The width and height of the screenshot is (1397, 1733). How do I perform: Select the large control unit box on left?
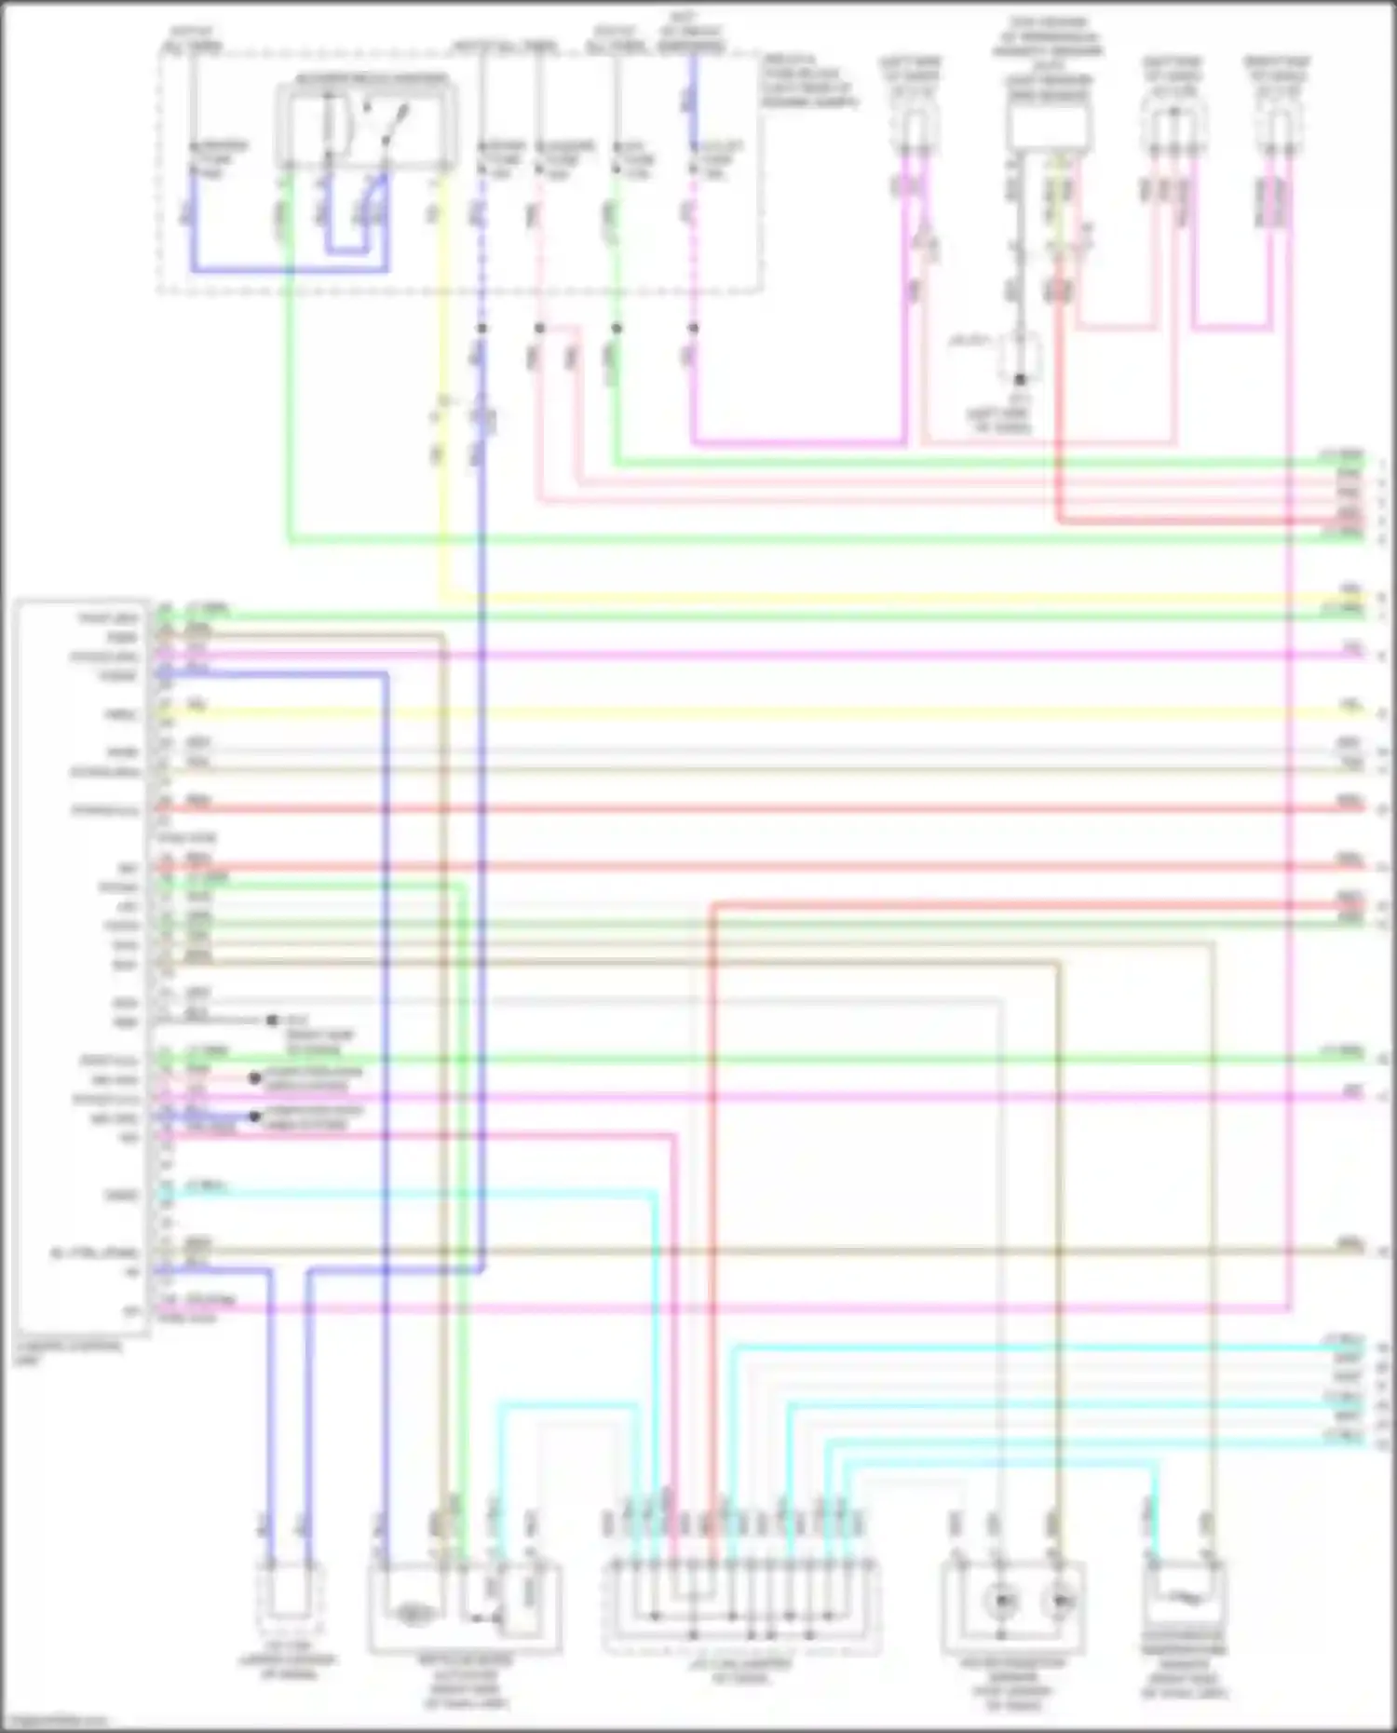coord(82,968)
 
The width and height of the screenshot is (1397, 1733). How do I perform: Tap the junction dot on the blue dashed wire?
coord(481,329)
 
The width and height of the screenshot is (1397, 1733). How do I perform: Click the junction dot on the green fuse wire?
coord(616,329)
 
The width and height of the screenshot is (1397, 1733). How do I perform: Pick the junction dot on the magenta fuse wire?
coord(693,329)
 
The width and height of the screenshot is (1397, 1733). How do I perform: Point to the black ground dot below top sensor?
coord(1020,380)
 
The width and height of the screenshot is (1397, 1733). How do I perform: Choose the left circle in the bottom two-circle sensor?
coord(1002,1601)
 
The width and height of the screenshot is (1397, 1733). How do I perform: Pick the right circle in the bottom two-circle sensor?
coord(1059,1601)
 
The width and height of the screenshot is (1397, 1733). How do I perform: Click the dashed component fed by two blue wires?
coord(289,1601)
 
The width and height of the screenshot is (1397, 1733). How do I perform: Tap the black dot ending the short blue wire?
coord(254,1117)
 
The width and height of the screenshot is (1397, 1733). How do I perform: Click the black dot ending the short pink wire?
coord(254,1078)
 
